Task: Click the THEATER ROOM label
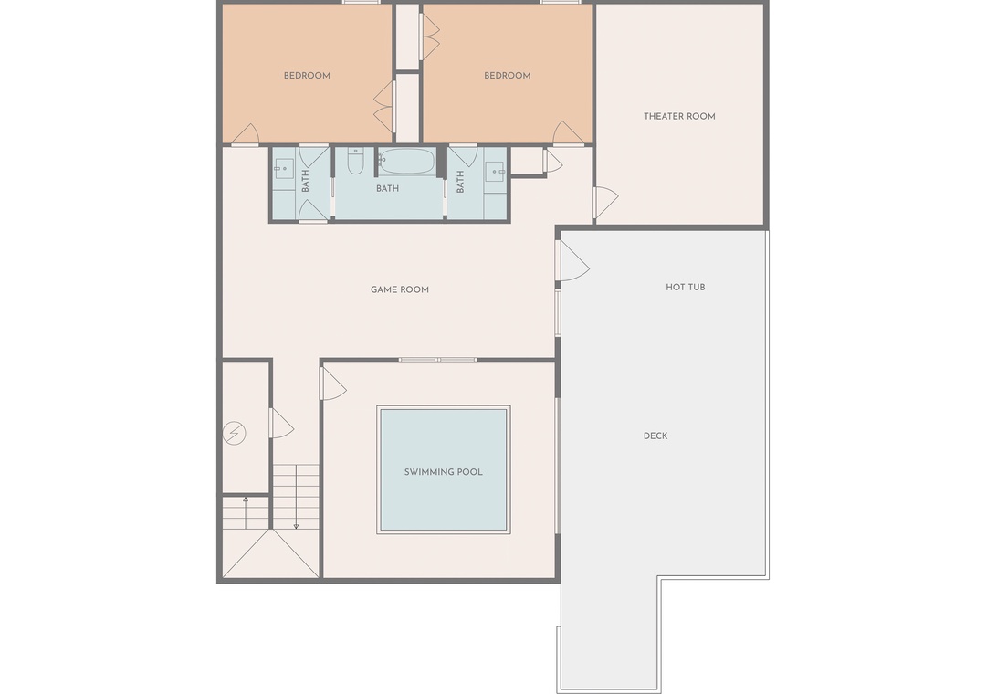coord(679,116)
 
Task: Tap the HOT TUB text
coord(686,287)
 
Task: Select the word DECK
coord(656,436)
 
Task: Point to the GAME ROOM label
coord(399,290)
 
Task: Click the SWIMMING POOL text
coord(444,472)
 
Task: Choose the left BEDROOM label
coord(307,76)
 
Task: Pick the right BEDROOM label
coord(507,76)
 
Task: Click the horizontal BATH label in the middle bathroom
coord(387,188)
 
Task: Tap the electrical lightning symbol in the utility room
coord(234,433)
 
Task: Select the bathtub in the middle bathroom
coord(407,161)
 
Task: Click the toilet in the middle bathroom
coord(355,161)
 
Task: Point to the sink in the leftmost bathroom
coord(284,169)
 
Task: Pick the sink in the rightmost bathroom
coord(495,171)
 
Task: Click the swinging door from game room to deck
coord(572,261)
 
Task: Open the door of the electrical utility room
coord(282,423)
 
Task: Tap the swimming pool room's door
coord(332,384)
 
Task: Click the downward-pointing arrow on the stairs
coord(296,497)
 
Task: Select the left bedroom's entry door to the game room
coord(246,134)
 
